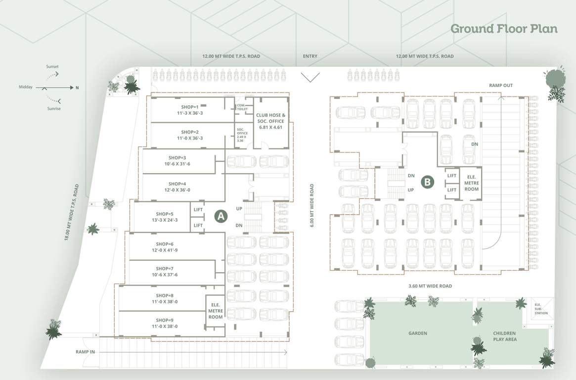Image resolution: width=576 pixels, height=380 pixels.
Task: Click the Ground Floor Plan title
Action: point(504,29)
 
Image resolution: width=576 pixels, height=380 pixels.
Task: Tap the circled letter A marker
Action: point(221,216)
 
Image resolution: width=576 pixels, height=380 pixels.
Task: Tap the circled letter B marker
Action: point(427,182)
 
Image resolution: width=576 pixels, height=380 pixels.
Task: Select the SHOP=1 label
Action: point(190,110)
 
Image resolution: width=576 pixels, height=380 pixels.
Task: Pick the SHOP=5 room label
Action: point(164,217)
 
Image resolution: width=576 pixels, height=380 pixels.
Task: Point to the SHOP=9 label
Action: point(165,323)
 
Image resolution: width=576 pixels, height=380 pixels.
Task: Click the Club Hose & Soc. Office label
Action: point(270,121)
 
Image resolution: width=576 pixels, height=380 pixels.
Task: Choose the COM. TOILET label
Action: point(242,107)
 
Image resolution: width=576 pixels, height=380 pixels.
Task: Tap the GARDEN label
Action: point(418,333)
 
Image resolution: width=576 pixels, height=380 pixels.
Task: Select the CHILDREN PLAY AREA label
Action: point(504,336)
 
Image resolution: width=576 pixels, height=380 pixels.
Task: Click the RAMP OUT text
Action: point(501,86)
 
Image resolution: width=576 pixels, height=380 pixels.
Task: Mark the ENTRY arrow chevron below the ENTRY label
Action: point(310,77)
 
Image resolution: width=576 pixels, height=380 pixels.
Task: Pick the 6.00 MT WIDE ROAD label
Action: point(312,205)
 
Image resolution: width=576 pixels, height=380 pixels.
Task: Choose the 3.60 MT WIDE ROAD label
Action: point(430,286)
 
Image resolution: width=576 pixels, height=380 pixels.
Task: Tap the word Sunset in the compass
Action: point(52,66)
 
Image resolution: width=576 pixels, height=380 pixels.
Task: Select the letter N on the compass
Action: point(77,88)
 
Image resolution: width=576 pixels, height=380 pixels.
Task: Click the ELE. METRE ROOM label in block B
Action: point(471,182)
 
